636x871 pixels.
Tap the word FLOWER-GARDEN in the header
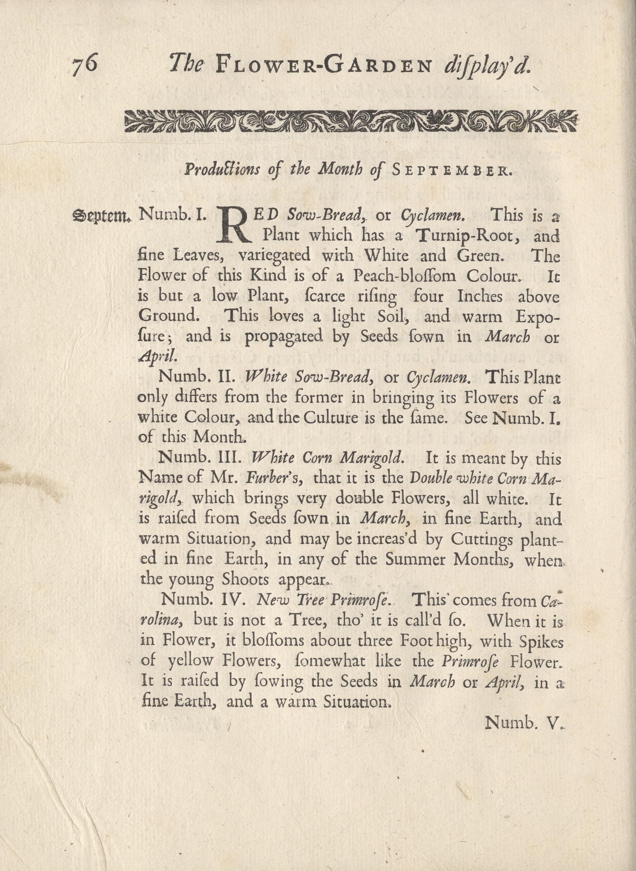(x=324, y=65)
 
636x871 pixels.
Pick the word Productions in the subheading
(x=222, y=170)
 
